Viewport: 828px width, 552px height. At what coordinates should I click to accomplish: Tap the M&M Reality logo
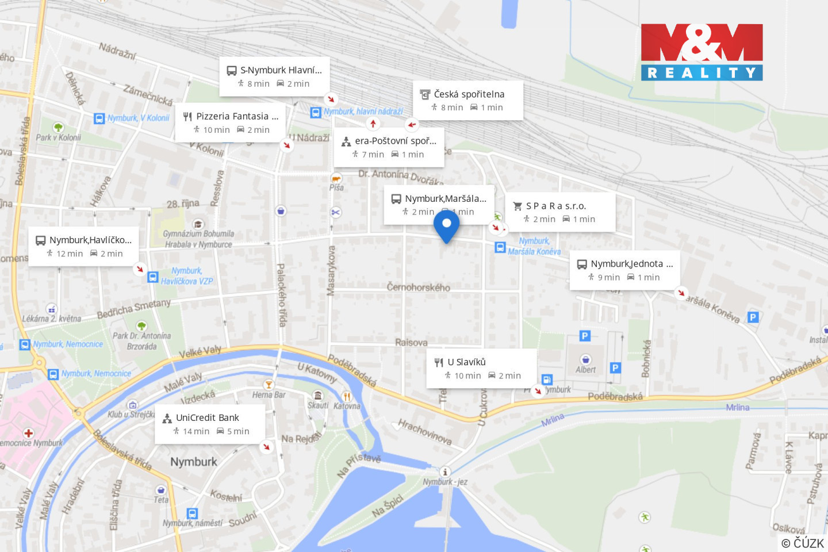[701, 52]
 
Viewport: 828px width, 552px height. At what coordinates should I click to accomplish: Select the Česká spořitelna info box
[467, 100]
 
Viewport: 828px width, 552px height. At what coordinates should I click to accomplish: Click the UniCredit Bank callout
[210, 424]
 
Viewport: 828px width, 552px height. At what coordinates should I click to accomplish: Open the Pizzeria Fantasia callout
[231, 122]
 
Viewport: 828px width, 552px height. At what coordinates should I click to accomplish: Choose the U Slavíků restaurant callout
[481, 368]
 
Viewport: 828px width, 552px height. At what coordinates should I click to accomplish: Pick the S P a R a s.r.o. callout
[559, 212]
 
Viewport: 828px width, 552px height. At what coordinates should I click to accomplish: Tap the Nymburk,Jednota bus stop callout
[624, 270]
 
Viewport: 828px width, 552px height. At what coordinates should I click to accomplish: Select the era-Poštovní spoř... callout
[389, 147]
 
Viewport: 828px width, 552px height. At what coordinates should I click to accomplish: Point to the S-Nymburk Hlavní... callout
[274, 76]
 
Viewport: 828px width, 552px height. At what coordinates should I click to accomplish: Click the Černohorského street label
[418, 287]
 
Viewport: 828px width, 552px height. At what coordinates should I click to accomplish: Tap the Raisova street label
[411, 342]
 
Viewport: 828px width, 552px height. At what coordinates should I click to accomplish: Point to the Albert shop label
[585, 370]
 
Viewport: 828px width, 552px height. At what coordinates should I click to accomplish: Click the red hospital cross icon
[28, 433]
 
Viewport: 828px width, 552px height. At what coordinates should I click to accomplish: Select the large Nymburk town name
[194, 462]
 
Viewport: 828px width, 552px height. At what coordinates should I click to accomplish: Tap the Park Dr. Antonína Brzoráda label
[141, 340]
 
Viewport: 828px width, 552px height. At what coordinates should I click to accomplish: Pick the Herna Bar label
[269, 395]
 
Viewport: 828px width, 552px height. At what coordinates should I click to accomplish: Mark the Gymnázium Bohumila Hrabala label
[198, 239]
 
